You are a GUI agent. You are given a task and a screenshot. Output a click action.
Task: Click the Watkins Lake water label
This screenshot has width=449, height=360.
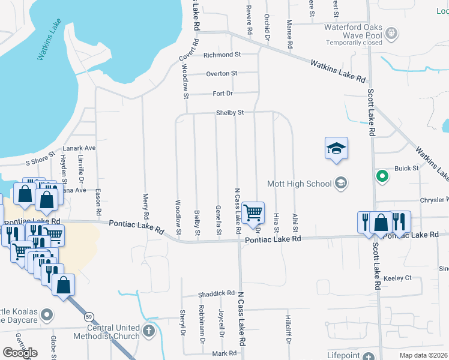point(50,40)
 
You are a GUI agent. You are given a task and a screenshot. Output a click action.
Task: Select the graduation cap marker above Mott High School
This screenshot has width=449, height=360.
point(337,149)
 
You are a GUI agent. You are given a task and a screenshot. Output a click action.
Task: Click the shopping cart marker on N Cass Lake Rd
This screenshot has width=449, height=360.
point(253,212)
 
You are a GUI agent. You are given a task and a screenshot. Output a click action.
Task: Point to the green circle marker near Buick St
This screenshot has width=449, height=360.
point(381,176)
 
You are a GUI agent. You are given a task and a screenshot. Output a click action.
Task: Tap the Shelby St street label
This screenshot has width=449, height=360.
point(231,112)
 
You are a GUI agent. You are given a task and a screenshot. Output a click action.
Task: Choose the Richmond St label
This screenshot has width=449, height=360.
point(222,55)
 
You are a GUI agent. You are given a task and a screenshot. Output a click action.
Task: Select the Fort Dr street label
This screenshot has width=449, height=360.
point(223,94)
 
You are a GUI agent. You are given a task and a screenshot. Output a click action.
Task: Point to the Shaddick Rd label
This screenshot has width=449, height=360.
point(216,293)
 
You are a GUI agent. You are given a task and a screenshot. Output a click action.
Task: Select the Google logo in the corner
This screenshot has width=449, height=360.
point(20,352)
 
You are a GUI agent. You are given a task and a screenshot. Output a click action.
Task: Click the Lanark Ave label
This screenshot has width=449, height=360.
point(79,148)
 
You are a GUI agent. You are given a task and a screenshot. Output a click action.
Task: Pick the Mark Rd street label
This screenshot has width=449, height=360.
point(224,353)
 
